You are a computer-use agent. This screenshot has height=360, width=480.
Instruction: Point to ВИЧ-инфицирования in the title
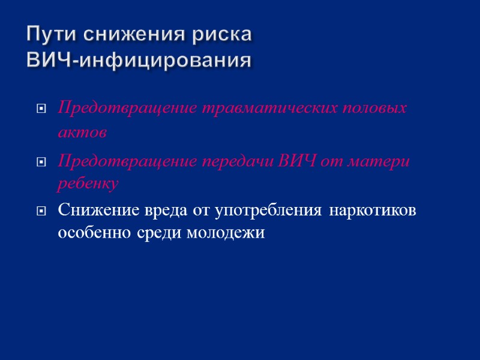pyautogui.click(x=139, y=61)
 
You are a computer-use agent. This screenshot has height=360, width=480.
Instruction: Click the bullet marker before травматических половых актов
pyautogui.click(x=41, y=109)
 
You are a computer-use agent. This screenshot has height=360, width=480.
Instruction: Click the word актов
pyautogui.click(x=82, y=133)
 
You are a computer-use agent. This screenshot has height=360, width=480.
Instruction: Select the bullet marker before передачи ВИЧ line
pyautogui.click(x=41, y=162)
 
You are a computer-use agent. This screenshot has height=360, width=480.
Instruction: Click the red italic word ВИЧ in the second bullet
pyautogui.click(x=296, y=161)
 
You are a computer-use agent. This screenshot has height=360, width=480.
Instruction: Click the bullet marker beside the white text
pyautogui.click(x=41, y=211)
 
